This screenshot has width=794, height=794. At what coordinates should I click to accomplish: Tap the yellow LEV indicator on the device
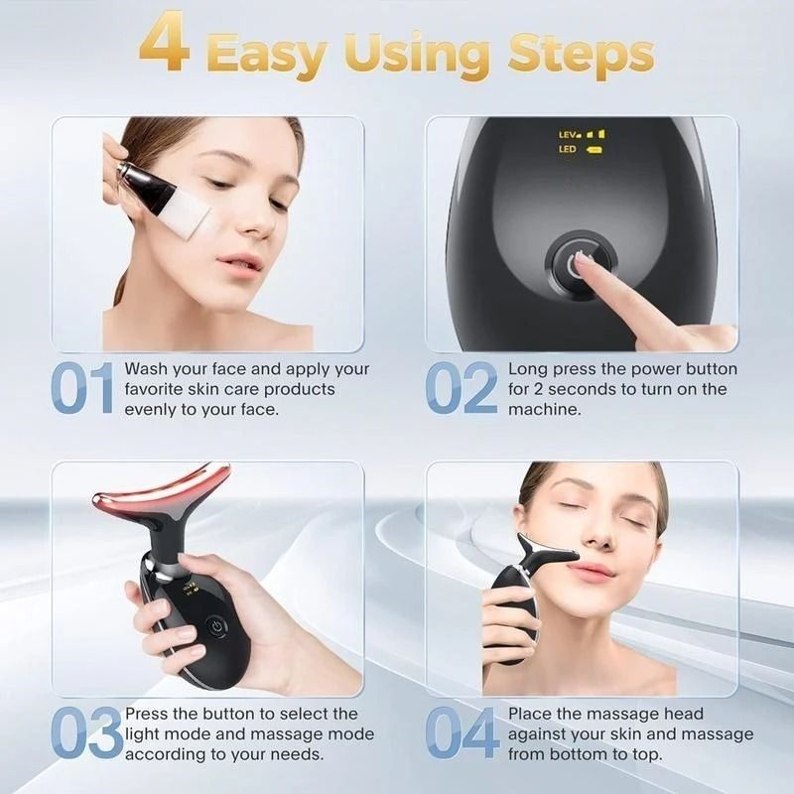tap(569, 133)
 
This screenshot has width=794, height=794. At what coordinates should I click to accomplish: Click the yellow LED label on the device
tap(568, 150)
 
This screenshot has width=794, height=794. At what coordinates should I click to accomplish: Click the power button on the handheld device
tap(214, 627)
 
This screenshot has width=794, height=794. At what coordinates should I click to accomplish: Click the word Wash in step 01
tap(145, 369)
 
